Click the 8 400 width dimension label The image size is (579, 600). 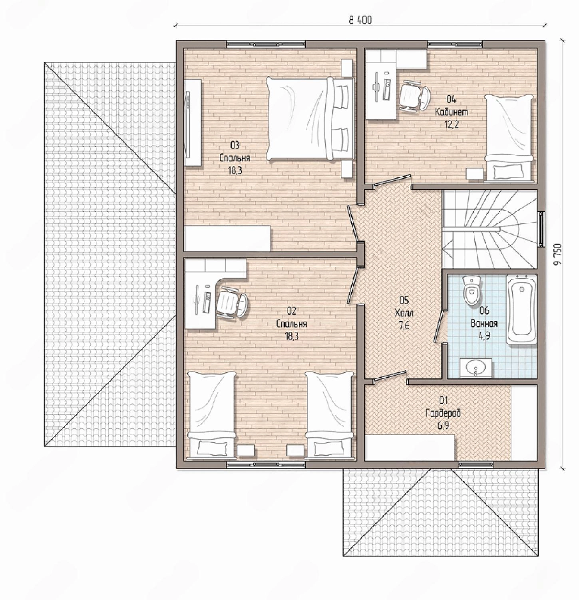pos(360,20)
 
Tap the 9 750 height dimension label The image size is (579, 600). pos(558,254)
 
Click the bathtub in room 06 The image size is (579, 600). pos(521,310)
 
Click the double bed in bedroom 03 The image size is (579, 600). pos(310,119)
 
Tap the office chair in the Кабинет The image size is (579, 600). pos(414,96)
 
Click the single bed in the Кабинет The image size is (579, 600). pos(509,138)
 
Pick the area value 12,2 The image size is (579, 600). pos(452,124)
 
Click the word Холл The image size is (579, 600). pos(404,313)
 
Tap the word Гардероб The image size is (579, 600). pos(443,413)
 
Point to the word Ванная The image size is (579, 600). pos(484,323)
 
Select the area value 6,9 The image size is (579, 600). pos(443,426)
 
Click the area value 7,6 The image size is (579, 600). pos(404,326)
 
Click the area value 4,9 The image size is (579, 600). pos(484,336)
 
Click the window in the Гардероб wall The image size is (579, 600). pos(476,464)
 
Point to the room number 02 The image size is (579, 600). pos(292,311)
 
